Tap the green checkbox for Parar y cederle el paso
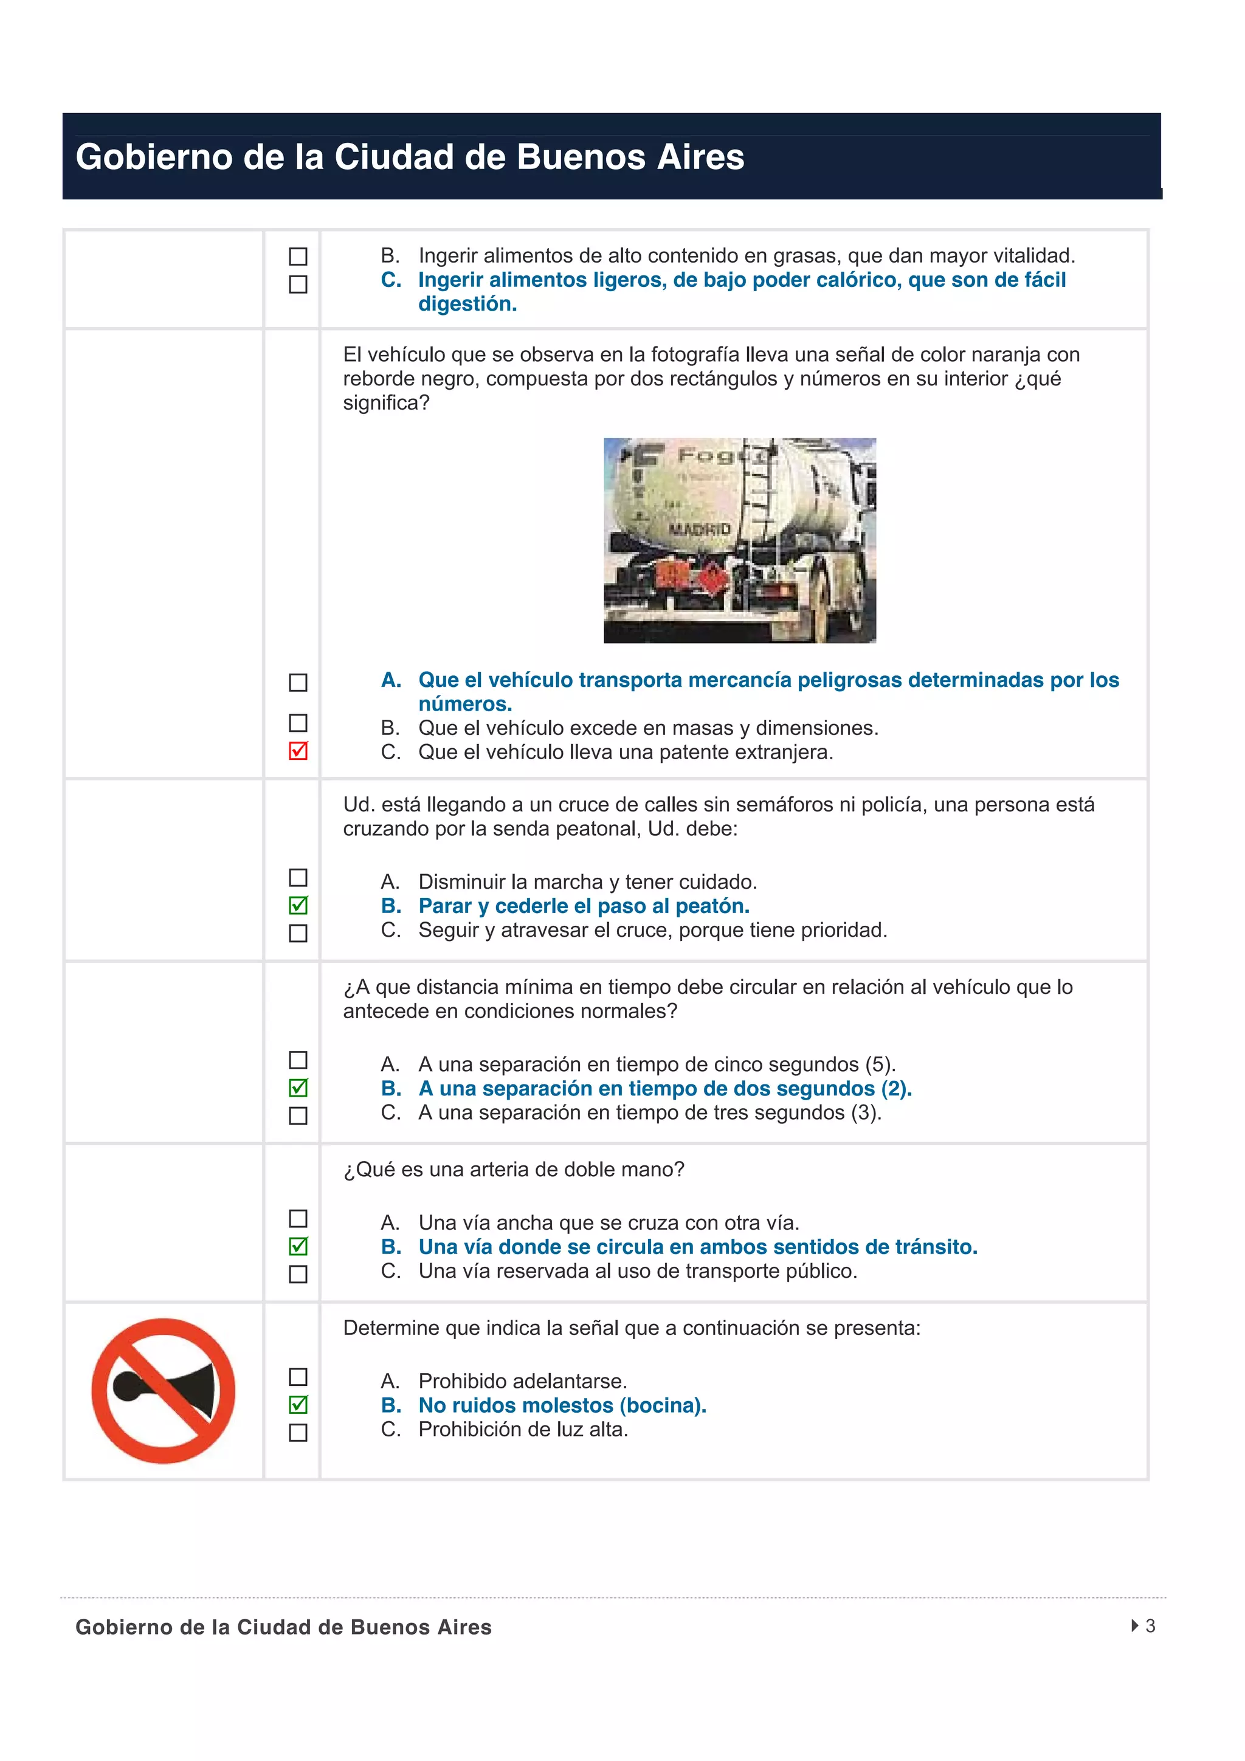coord(298,905)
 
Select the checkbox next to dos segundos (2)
coord(298,1087)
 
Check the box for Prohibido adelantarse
coord(298,1377)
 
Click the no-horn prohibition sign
coord(164,1391)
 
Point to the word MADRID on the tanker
coord(699,529)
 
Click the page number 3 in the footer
coord(1150,1625)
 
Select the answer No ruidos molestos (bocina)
coord(562,1405)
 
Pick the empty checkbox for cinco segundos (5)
coord(298,1060)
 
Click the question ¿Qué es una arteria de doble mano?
coord(513,1170)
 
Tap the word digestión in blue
coord(467,305)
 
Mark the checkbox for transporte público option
coord(298,1274)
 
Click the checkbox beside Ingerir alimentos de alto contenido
coord(298,256)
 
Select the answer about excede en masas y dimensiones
coord(647,728)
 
